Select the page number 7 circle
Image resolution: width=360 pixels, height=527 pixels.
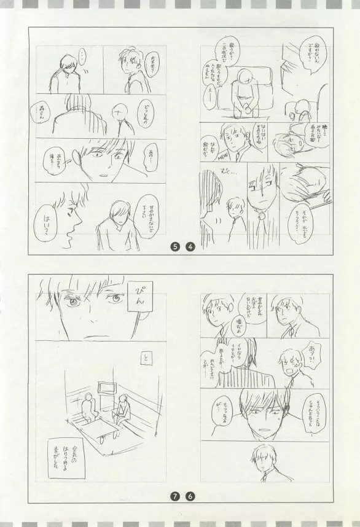pyautogui.click(x=175, y=495)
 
